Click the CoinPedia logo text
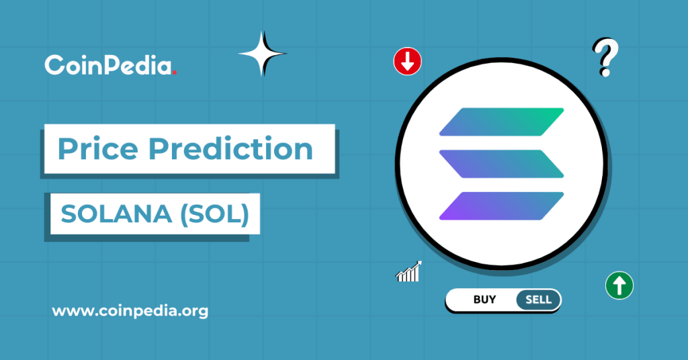tap(108, 65)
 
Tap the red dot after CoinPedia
tap(175, 72)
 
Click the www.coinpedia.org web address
tap(130, 312)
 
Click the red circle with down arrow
tap(407, 62)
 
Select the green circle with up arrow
tap(619, 285)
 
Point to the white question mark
tap(605, 57)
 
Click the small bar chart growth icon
tap(408, 271)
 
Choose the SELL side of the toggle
tap(538, 300)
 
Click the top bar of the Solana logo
tap(501, 121)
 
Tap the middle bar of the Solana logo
tap(501, 164)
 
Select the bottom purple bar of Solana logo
tap(501, 206)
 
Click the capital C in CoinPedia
tap(54, 65)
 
